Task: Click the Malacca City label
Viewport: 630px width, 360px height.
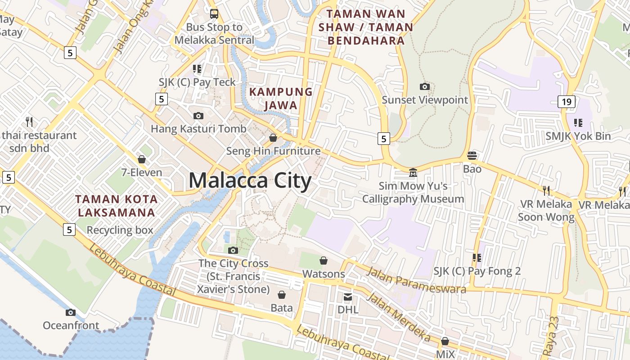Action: tap(250, 181)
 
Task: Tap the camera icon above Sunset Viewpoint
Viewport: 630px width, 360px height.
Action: tap(424, 86)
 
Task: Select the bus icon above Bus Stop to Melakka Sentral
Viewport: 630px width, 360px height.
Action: tap(214, 13)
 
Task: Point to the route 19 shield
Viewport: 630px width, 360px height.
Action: tap(566, 102)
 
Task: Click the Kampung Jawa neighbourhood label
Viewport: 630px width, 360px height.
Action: tap(281, 99)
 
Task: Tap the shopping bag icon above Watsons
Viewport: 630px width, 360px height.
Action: tap(323, 261)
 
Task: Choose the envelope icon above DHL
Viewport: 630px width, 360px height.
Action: tap(348, 297)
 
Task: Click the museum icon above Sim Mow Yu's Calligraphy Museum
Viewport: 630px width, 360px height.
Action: tap(413, 173)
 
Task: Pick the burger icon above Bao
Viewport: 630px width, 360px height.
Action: tap(472, 156)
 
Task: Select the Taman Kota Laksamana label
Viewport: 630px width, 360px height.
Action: tap(116, 206)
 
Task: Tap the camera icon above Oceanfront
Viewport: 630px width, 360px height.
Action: tap(71, 312)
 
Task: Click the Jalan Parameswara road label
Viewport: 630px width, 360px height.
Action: tap(416, 280)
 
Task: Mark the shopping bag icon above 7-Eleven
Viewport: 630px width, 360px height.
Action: tap(142, 159)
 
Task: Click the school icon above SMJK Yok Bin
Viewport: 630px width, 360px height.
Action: tap(578, 122)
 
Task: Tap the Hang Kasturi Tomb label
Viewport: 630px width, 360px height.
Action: tap(198, 129)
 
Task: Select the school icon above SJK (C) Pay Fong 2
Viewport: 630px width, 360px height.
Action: tap(477, 258)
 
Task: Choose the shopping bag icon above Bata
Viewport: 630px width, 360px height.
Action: tap(282, 295)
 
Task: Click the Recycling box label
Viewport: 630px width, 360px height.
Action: tap(120, 230)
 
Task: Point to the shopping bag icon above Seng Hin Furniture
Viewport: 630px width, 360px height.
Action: tap(273, 137)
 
